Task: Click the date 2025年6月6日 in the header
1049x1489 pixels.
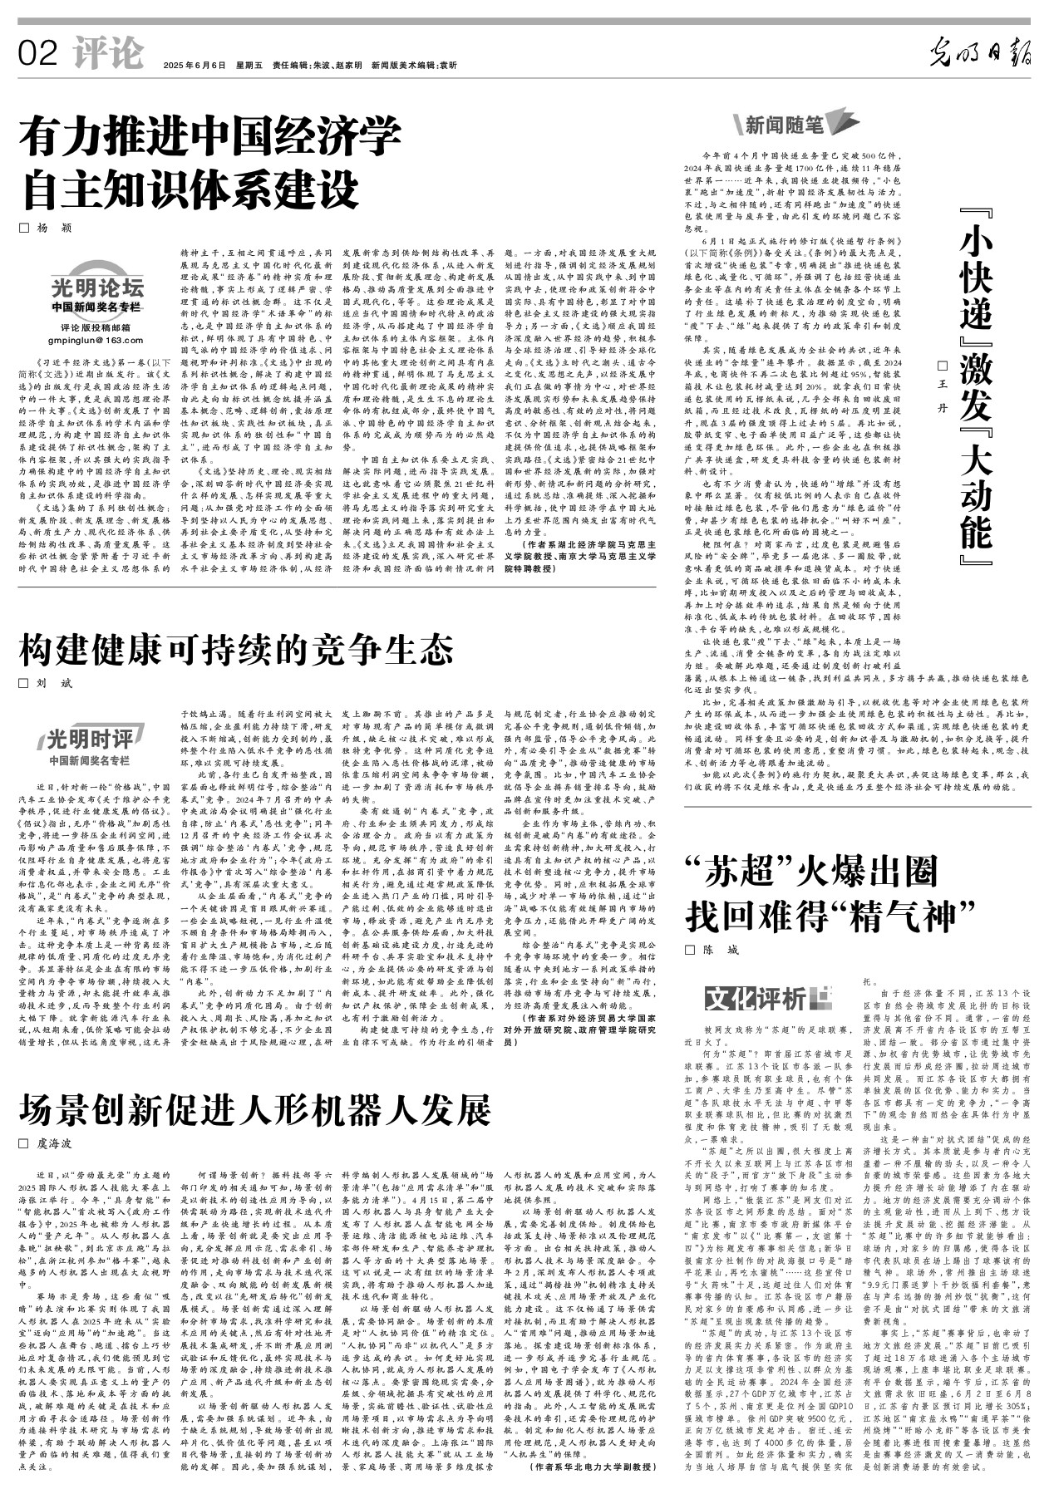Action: (195, 65)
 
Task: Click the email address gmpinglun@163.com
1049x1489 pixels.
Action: (96, 341)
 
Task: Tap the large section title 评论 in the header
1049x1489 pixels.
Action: (107, 53)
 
